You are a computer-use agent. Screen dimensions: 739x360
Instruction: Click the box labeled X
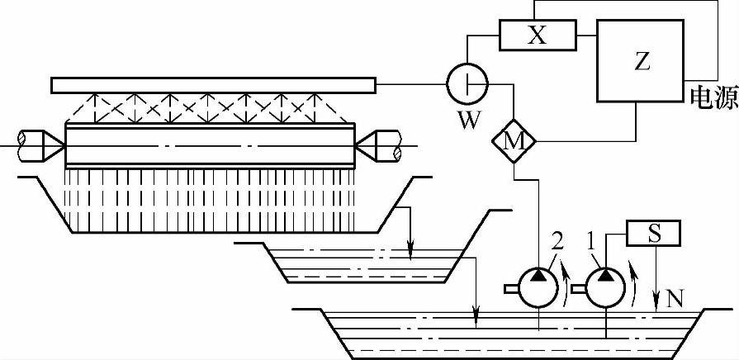(x=537, y=36)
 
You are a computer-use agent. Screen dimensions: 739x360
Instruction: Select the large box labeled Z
(x=640, y=61)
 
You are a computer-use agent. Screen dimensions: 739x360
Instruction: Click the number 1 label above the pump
(x=589, y=242)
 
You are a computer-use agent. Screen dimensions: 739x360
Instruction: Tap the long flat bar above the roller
(x=213, y=84)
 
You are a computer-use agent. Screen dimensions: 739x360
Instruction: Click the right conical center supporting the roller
(x=367, y=144)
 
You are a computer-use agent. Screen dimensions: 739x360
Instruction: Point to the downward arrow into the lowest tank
(x=476, y=312)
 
